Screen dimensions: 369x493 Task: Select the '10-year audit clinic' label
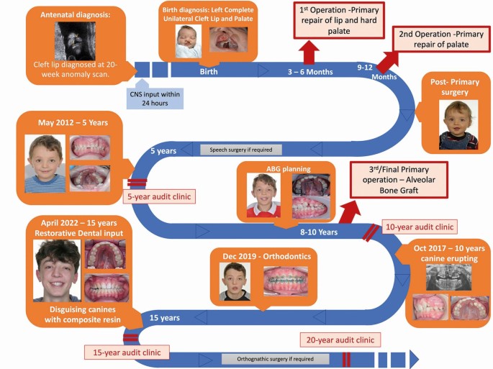point(419,227)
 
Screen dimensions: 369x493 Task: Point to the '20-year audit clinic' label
point(339,340)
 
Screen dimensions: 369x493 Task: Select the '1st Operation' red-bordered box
point(338,19)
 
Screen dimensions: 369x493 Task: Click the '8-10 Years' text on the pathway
point(317,232)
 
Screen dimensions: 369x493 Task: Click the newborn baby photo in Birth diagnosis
point(189,42)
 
